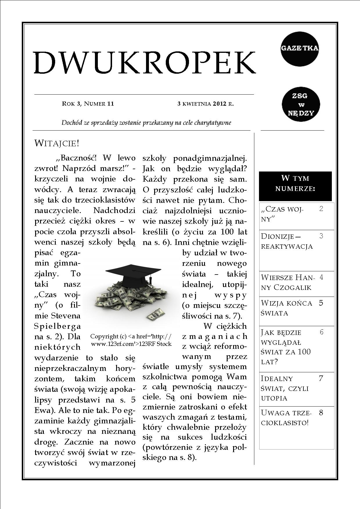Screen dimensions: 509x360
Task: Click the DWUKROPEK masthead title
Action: tap(145, 63)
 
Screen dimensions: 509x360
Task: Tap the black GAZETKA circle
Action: tap(300, 48)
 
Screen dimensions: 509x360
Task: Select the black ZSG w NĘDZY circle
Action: tap(301, 104)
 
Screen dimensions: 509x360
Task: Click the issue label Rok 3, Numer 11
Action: tap(88, 104)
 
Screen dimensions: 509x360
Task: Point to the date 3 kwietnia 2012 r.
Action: tap(206, 104)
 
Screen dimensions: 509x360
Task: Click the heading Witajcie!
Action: tap(57, 143)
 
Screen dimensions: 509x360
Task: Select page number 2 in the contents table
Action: tap(321, 209)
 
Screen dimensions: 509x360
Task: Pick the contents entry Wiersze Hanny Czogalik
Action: tap(287, 282)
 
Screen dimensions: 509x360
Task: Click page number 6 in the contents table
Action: tap(321, 332)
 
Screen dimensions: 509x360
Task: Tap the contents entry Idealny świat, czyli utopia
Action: tap(285, 388)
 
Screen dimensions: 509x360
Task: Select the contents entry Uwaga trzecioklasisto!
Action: tap(286, 417)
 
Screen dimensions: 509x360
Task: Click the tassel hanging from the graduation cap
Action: tap(151, 281)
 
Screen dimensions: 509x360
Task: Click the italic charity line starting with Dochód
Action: tap(146, 123)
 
